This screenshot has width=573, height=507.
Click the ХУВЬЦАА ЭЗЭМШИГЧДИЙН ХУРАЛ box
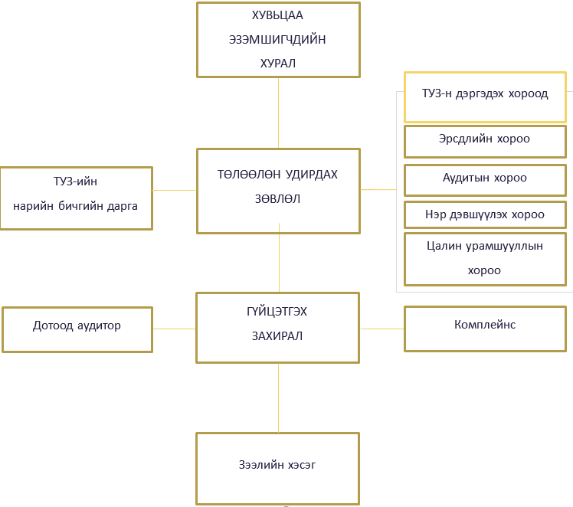point(278,40)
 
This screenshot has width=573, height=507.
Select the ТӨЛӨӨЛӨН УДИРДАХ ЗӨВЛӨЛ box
point(278,191)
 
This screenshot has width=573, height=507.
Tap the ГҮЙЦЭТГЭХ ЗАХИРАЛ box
point(278,327)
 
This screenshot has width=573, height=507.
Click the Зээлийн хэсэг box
point(278,468)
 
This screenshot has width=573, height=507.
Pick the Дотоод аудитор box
point(77,329)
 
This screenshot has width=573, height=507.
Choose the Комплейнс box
point(485,329)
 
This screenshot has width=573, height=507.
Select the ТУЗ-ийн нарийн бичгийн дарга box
point(76,198)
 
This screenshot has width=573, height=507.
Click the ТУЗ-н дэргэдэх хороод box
point(485,96)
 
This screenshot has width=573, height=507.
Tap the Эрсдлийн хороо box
point(485,141)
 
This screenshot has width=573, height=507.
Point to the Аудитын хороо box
point(485,179)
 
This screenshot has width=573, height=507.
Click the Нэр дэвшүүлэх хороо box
point(485,215)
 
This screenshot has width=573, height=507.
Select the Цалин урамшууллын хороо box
point(485,259)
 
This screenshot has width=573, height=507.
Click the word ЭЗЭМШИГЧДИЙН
point(277,40)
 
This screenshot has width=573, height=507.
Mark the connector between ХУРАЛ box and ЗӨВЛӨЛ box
point(278,113)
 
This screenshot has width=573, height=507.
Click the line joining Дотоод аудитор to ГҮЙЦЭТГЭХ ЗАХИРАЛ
point(175,329)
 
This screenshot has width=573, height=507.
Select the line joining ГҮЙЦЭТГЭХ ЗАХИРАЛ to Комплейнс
point(382,329)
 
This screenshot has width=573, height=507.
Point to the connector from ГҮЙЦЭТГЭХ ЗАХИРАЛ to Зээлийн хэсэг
point(278,397)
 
